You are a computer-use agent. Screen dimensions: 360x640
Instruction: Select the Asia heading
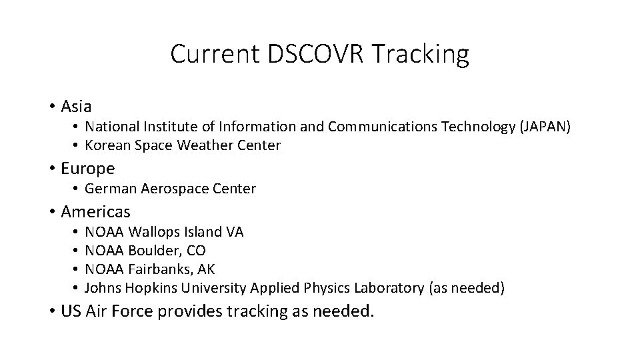click(x=76, y=106)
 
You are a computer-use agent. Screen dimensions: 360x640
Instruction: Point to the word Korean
click(x=107, y=145)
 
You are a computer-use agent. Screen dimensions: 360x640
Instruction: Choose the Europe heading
click(x=87, y=168)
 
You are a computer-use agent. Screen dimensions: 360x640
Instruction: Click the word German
click(x=111, y=189)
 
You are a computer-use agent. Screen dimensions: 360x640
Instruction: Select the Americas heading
click(x=95, y=212)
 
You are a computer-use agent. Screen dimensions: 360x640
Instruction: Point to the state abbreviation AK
click(x=206, y=269)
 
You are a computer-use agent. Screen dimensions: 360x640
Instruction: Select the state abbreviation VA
click(x=235, y=232)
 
